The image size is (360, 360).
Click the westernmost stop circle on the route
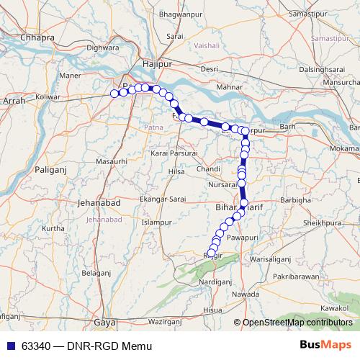point(114,93)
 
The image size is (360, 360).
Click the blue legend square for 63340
point(10,346)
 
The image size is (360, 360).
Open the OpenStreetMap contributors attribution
point(297,323)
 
